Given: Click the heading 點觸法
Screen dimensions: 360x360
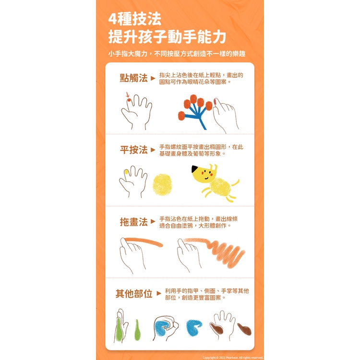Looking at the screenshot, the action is click(x=133, y=78).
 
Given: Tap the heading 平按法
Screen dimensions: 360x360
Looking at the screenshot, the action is click(x=133, y=150).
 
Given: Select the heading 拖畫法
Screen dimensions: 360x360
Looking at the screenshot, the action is click(x=133, y=222).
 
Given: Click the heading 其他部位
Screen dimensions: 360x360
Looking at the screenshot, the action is click(x=134, y=294).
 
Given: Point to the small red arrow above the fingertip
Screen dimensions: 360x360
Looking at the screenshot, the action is click(x=128, y=95).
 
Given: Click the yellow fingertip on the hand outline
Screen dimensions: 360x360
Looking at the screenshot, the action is click(x=126, y=172).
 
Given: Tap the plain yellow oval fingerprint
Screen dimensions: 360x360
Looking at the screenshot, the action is click(x=162, y=185).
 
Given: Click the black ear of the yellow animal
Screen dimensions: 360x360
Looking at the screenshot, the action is click(x=195, y=169).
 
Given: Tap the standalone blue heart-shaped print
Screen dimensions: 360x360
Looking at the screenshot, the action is click(x=193, y=327).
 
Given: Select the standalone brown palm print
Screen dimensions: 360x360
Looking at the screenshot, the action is click(x=244, y=329).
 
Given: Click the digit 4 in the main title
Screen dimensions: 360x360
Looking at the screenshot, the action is click(x=112, y=19).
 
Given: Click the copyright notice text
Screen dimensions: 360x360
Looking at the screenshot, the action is click(x=233, y=358).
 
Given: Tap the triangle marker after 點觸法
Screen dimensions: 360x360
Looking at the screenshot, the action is click(x=153, y=78).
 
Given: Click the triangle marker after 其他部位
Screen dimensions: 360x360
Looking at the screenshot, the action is click(x=159, y=293).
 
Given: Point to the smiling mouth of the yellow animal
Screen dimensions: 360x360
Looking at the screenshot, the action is click(x=206, y=178).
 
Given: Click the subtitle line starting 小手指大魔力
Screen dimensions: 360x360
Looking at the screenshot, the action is click(x=177, y=54).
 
